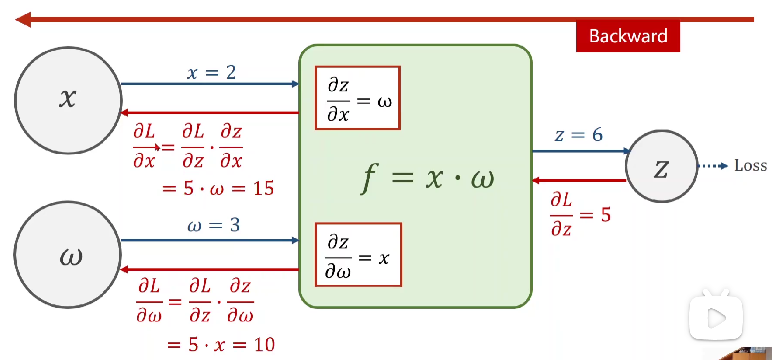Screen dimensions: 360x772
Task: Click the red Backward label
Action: pos(628,36)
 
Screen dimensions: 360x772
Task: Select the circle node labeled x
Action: pos(68,100)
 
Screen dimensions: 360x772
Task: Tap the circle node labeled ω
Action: pos(68,256)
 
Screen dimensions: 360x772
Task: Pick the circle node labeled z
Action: pos(662,166)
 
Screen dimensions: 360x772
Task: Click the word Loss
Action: pos(750,166)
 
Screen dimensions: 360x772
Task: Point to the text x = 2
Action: pos(211,73)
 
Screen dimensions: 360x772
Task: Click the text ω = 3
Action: pos(213,226)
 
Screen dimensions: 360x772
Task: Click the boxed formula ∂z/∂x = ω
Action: pos(358,98)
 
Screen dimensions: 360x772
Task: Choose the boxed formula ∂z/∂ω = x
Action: pos(358,255)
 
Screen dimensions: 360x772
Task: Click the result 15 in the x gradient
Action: pos(262,188)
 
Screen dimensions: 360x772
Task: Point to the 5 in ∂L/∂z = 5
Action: pos(605,215)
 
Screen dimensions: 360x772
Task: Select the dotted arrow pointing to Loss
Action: pos(713,166)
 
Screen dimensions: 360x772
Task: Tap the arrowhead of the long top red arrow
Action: pos(23,20)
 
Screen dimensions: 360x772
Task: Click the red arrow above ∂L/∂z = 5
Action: pos(579,181)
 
